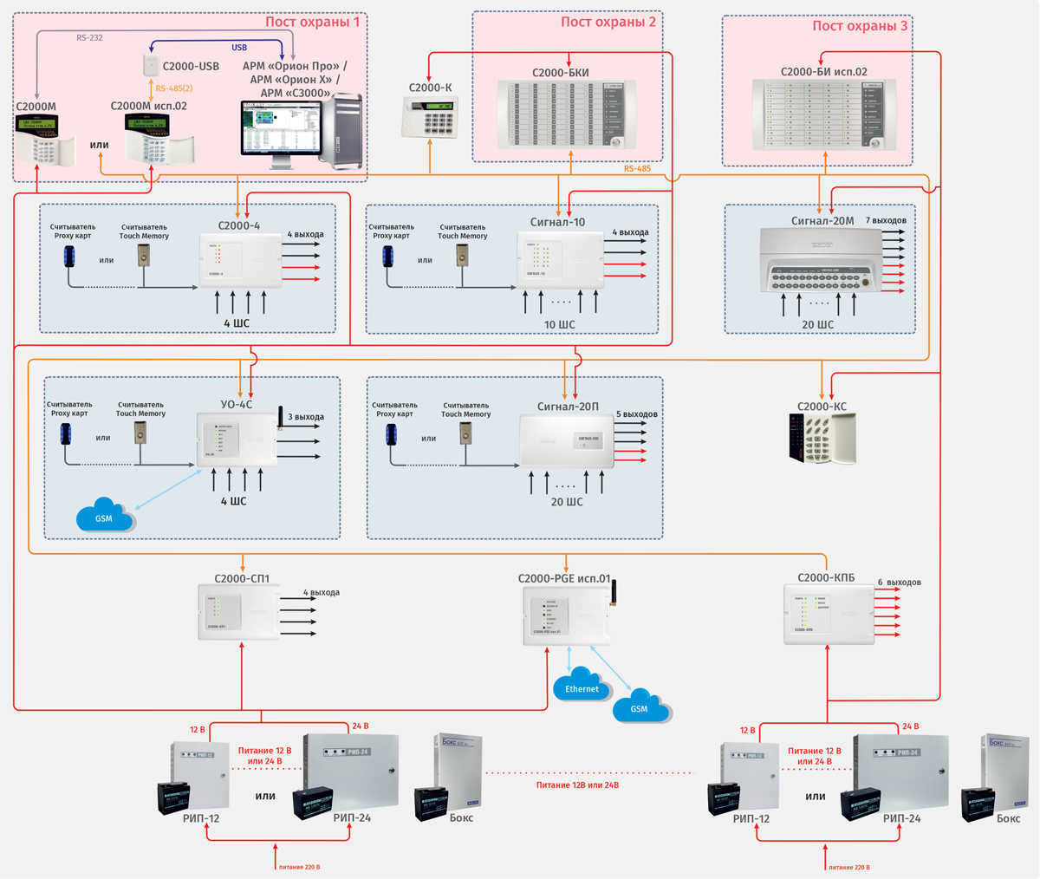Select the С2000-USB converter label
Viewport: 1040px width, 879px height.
pyautogui.click(x=191, y=66)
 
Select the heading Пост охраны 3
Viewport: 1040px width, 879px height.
pyautogui.click(x=860, y=26)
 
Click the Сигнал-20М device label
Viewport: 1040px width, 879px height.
pyautogui.click(x=822, y=221)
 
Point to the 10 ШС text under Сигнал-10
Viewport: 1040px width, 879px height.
pyautogui.click(x=559, y=325)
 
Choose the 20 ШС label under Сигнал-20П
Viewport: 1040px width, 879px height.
pyautogui.click(x=567, y=502)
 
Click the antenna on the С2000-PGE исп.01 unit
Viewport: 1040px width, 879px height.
pyautogui.click(x=609, y=592)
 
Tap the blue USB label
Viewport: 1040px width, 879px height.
pyautogui.click(x=239, y=48)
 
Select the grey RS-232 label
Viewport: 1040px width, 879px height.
pyautogui.click(x=89, y=38)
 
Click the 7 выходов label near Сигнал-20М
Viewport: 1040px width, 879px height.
pyautogui.click(x=886, y=221)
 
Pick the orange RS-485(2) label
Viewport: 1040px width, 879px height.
pyautogui.click(x=173, y=88)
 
